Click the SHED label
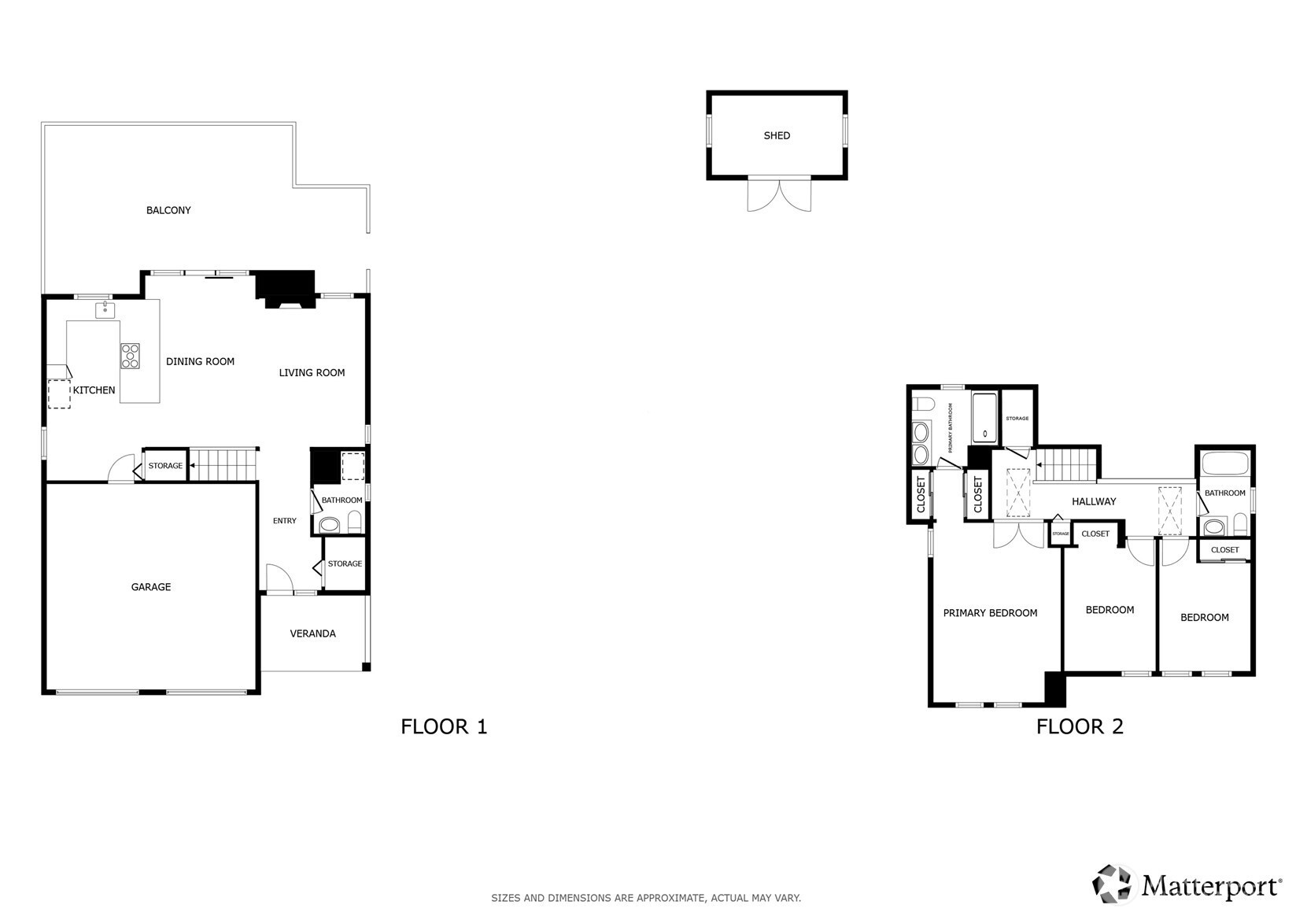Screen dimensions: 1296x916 (777, 135)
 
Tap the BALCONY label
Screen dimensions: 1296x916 (168, 210)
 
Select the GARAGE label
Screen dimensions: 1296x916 (151, 587)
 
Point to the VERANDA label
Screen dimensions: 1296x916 (313, 633)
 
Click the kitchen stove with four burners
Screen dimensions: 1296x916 (130, 356)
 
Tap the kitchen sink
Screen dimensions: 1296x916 (105, 310)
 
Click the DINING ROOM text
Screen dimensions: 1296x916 (200, 362)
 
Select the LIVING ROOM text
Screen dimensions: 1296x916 (312, 373)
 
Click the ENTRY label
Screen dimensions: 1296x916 (285, 521)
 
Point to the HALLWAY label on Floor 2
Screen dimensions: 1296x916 (1094, 502)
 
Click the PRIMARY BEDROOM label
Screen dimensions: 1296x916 (991, 613)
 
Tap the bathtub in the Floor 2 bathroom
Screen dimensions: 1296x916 (1225, 464)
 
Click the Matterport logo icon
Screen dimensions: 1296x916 (1111, 884)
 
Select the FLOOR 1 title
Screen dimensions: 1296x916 (445, 727)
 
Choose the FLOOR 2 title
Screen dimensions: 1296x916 (1080, 727)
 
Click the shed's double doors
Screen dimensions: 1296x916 (779, 195)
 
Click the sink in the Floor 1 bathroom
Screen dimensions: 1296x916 (330, 526)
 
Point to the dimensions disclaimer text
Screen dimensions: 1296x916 (646, 898)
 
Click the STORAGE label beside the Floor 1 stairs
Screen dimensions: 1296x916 (165, 466)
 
